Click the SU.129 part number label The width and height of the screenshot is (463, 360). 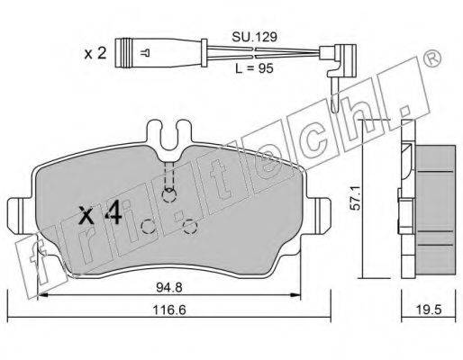tap(254, 37)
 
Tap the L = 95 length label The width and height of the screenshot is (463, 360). tap(254, 68)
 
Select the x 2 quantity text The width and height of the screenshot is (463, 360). tap(95, 54)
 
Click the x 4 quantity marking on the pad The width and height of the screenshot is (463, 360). tap(100, 213)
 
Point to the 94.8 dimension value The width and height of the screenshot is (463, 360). tap(169, 288)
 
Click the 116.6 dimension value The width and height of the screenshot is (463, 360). tap(169, 310)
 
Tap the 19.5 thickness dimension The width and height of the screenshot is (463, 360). tap(429, 310)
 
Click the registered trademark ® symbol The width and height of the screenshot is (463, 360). tap(433, 58)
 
